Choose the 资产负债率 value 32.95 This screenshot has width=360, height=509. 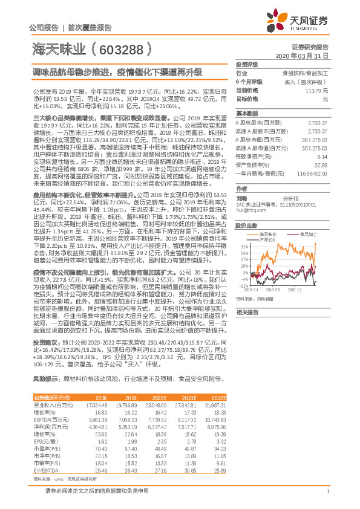(321, 164)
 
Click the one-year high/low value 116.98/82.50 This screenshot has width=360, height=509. (314, 173)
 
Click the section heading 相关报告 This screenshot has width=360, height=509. (246, 313)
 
